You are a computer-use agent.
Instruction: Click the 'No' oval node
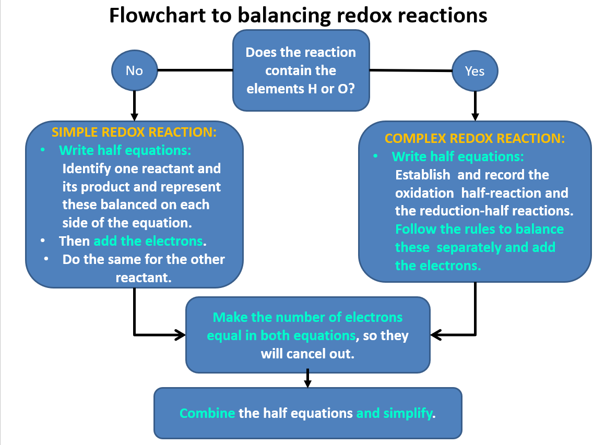point(134,70)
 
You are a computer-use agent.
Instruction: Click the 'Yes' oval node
point(474,71)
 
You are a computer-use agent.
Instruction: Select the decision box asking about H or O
point(301,70)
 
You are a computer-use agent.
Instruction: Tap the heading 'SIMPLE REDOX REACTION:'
point(134,132)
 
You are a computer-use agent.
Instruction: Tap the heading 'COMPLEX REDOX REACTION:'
point(474,138)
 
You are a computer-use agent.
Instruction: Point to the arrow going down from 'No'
point(135,104)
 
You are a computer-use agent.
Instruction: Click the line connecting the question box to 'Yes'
point(410,70)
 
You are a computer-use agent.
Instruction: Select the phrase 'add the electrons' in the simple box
point(148,241)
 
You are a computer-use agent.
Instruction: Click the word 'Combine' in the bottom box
point(207,414)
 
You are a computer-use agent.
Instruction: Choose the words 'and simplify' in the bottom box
point(396,414)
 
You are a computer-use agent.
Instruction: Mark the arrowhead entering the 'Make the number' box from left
point(180,334)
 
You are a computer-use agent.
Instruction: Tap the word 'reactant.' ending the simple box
point(144,278)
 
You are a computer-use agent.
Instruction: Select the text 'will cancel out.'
point(307,354)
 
